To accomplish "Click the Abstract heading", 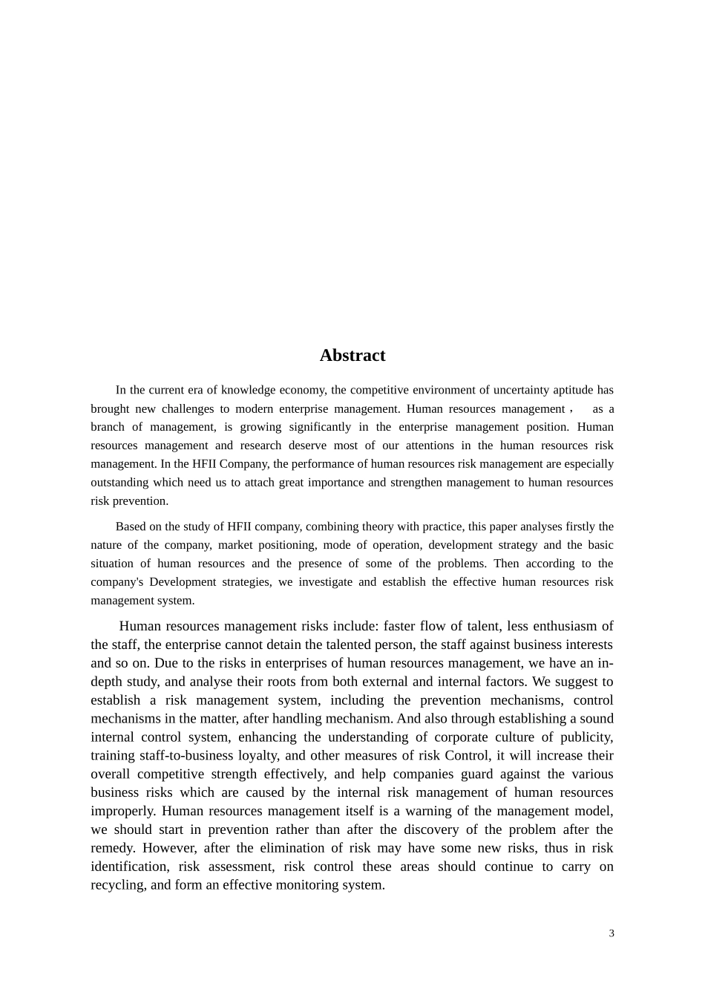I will click(352, 356).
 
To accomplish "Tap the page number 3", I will click(611, 933).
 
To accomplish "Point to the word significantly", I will click(320, 427).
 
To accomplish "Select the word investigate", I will click(324, 582).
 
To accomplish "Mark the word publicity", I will click(587, 737).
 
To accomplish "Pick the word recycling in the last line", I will click(117, 885).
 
